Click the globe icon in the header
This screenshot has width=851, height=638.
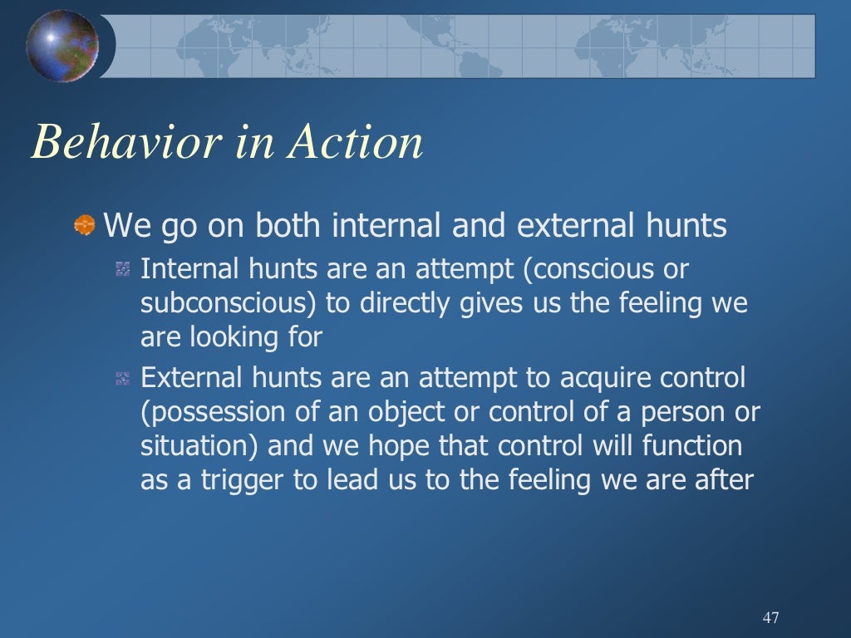click(62, 46)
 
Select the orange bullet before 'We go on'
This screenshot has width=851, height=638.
click(84, 224)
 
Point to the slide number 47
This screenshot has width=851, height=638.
click(770, 617)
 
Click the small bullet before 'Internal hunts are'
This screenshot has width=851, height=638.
click(123, 269)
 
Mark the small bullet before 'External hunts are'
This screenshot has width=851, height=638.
click(123, 379)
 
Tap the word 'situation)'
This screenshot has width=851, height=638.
click(199, 446)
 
